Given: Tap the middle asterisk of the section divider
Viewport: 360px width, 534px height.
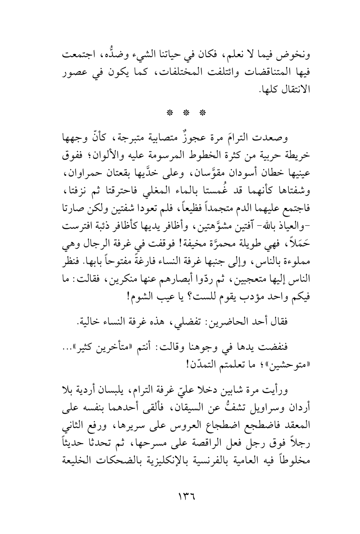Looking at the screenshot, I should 180,113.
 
